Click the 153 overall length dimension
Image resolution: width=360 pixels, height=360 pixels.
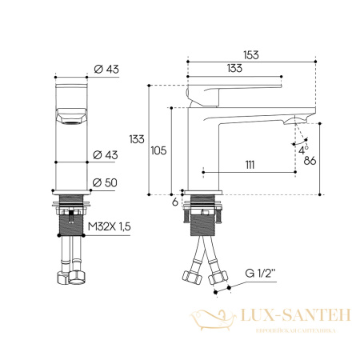[251, 55]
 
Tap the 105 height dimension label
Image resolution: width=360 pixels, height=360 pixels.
[158, 150]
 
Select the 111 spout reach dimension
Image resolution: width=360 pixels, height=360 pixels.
[250, 165]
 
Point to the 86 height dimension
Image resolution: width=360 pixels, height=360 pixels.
[310, 161]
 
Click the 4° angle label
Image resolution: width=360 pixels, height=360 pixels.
[303, 150]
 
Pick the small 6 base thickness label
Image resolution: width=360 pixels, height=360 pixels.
[174, 202]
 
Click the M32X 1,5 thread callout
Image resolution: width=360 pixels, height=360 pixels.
[110, 226]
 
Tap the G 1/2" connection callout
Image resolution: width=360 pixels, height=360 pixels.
[260, 273]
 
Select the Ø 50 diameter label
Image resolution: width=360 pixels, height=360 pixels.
[105, 182]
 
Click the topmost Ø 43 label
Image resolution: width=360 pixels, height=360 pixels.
[106, 69]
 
